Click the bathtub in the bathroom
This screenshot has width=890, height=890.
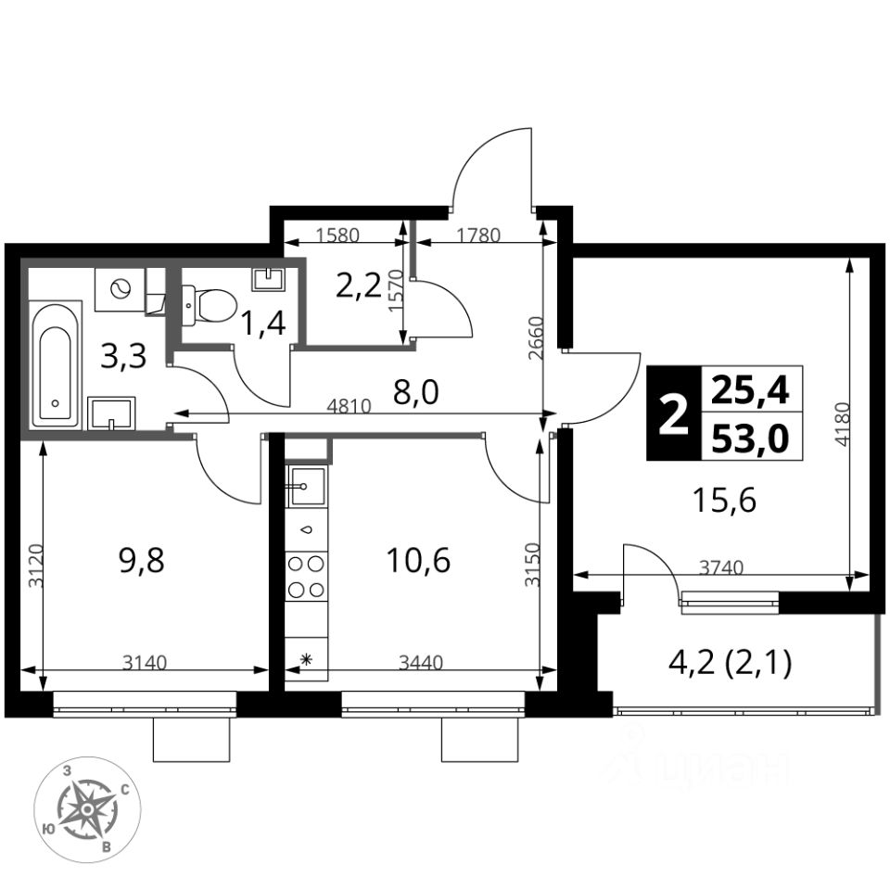(55, 364)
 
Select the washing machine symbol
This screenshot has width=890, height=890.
(120, 289)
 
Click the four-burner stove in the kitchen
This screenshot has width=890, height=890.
(307, 577)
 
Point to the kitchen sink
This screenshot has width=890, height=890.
(307, 486)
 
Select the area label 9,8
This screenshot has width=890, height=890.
(141, 560)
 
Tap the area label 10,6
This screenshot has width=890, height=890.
(418, 560)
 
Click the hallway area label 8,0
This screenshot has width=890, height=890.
(416, 392)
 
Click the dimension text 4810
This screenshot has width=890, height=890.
(350, 406)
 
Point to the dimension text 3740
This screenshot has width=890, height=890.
(721, 567)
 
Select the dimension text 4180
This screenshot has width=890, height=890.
(843, 424)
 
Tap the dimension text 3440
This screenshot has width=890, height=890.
(421, 662)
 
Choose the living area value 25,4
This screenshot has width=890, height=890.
(750, 390)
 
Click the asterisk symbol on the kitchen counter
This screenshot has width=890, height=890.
(306, 659)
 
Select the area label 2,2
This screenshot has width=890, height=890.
(358, 286)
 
